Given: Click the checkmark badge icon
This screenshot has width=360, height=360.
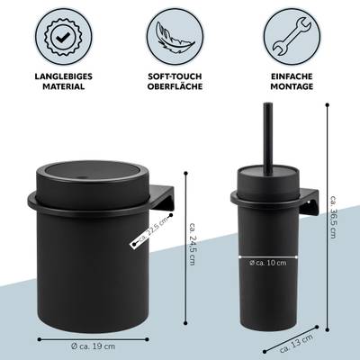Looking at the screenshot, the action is [64, 37].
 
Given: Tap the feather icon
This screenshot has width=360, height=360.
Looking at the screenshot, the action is [175, 38].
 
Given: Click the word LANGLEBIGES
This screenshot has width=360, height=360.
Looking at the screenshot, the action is [64, 76].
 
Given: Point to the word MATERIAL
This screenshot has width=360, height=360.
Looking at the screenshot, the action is [64, 86].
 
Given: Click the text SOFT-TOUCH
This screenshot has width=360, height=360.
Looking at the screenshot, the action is [175, 76].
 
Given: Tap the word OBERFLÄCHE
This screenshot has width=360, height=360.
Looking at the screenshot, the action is [175, 86].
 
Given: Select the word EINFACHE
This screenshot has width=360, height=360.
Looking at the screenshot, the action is [292, 76].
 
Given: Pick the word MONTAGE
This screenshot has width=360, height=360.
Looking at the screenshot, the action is [292, 86].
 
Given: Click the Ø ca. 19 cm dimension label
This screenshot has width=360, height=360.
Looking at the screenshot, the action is [94, 346].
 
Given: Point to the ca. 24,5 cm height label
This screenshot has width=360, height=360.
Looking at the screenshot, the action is [193, 244].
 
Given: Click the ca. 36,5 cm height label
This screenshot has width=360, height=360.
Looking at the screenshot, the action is [333, 217].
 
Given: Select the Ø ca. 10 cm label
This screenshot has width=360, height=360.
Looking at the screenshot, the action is [268, 263].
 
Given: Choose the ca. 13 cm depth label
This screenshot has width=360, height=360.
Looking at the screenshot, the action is [296, 343].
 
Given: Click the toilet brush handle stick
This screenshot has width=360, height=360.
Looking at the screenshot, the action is [268, 139].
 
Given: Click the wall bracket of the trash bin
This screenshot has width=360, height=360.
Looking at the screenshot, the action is [161, 197].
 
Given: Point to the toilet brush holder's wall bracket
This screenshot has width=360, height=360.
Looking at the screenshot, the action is [309, 202].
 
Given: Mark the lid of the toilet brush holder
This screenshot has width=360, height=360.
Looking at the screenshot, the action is [268, 174].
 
